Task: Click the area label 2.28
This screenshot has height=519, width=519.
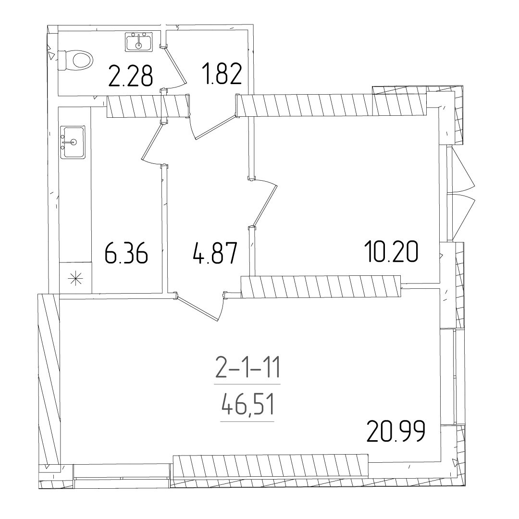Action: pyautogui.click(x=131, y=76)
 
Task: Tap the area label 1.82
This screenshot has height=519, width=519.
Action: pyautogui.click(x=223, y=74)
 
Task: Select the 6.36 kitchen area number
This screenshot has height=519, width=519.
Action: pyautogui.click(x=126, y=253)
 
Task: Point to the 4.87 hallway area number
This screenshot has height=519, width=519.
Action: pyautogui.click(x=215, y=253)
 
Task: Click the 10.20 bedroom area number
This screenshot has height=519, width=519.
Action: pyautogui.click(x=391, y=251)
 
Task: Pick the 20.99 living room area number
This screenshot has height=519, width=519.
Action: pyautogui.click(x=396, y=431)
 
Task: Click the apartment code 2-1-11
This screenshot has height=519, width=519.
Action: pyautogui.click(x=248, y=368)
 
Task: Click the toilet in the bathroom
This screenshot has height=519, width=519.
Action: pyautogui.click(x=76, y=61)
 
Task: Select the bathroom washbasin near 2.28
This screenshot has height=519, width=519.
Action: pyautogui.click(x=139, y=42)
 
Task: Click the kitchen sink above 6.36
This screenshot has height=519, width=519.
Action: pyautogui.click(x=73, y=142)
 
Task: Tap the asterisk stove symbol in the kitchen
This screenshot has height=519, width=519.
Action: pyautogui.click(x=75, y=278)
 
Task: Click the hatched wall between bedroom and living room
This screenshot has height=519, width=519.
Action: pyautogui.click(x=321, y=286)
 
